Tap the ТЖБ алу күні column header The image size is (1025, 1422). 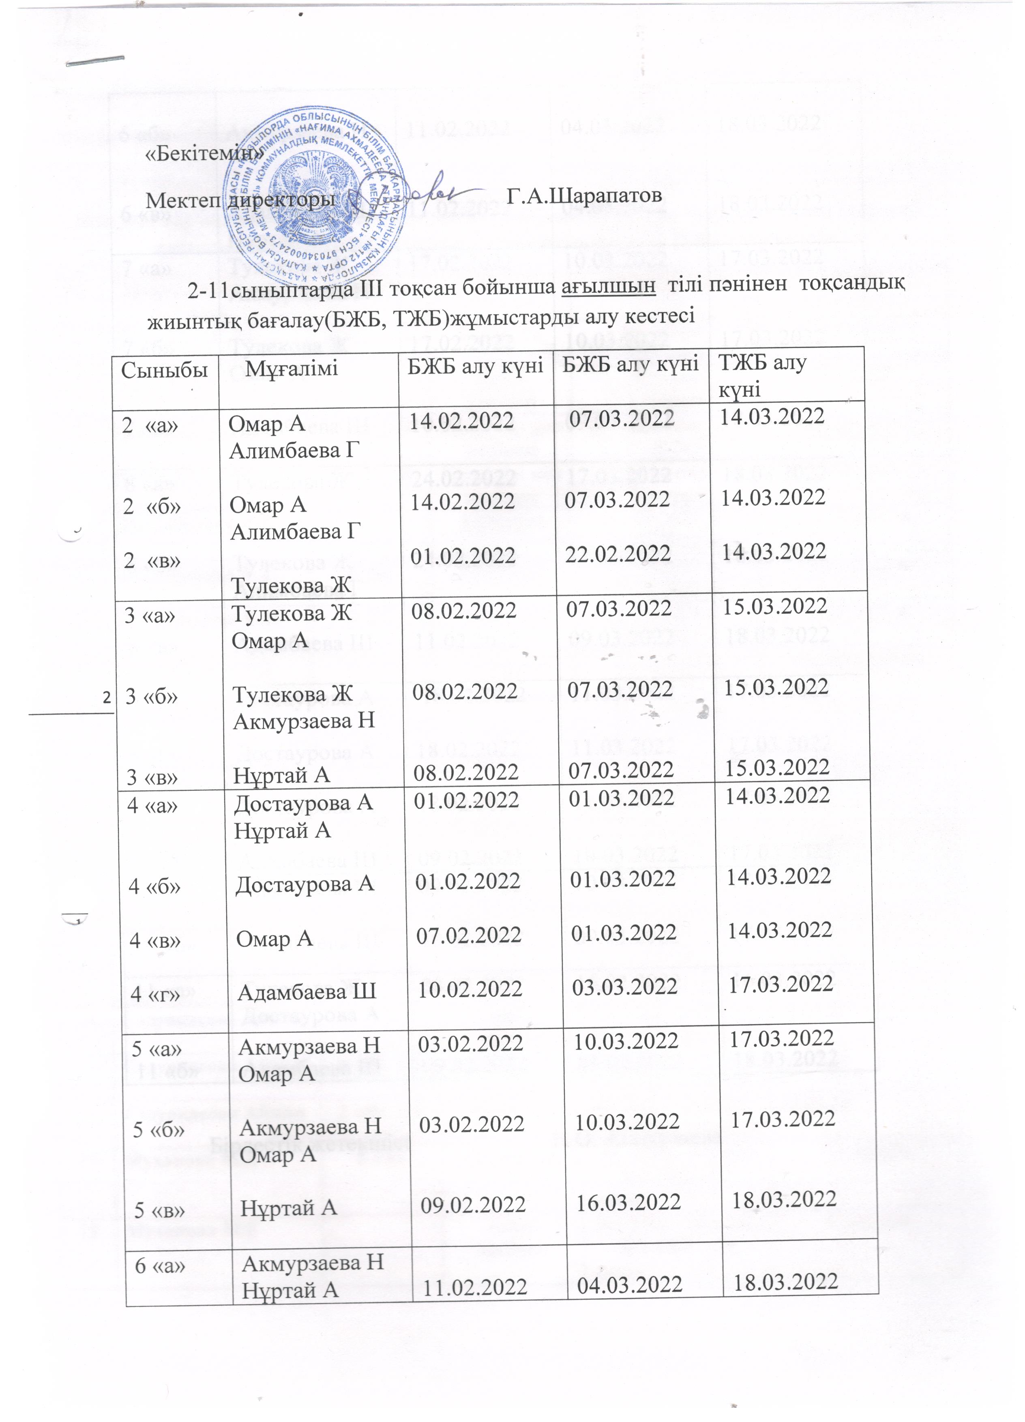click(762, 375)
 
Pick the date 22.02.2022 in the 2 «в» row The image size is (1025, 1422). click(618, 553)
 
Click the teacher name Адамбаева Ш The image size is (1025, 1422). click(307, 991)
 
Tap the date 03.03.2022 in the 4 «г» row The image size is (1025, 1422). click(624, 987)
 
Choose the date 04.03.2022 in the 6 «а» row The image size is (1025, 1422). click(629, 1285)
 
